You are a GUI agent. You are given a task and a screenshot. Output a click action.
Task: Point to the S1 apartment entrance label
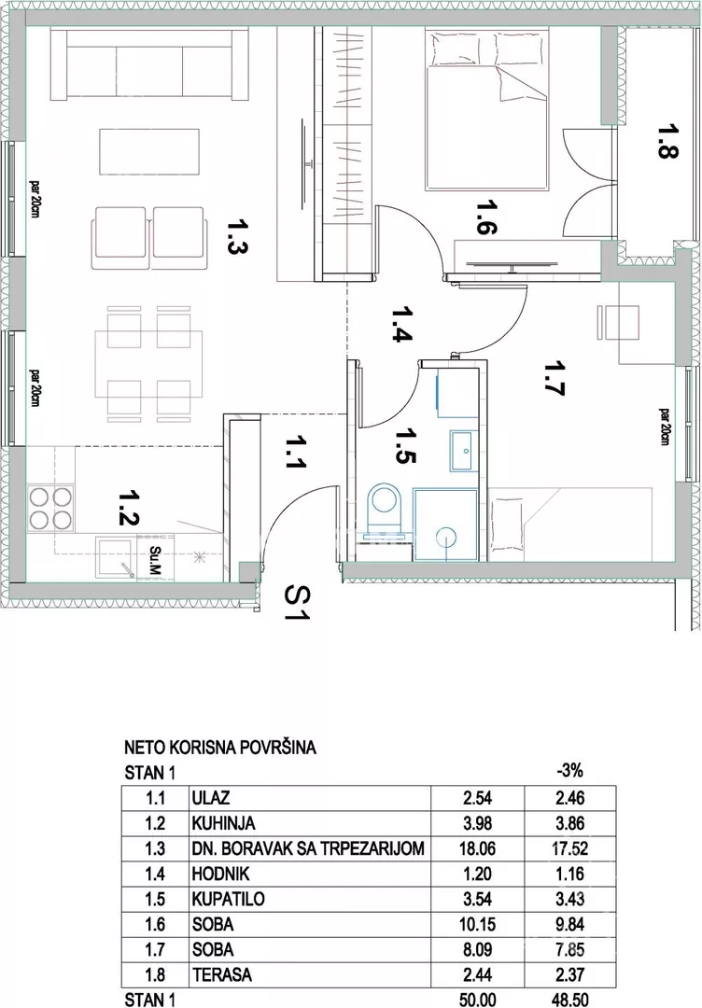297,603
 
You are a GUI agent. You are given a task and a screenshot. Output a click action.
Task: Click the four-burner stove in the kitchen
50,508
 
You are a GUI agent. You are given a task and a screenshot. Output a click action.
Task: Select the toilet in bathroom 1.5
385,511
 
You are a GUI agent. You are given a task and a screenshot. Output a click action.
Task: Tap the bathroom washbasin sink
462,451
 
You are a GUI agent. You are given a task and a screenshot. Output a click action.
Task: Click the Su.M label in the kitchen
155,561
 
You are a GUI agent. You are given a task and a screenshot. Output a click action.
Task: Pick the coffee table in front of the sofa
149,152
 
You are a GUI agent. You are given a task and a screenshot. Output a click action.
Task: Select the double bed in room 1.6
486,109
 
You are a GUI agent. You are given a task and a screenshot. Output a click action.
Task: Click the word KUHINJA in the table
223,823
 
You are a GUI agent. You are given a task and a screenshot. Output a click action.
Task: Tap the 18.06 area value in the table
477,848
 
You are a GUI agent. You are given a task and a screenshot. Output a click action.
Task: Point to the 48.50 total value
569,1000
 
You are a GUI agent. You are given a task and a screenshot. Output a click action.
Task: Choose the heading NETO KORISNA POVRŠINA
220,748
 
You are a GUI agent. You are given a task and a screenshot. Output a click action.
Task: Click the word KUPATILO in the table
228,900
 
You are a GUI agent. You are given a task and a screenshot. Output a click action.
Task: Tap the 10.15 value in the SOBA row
477,924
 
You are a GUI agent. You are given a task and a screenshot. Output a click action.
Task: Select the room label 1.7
555,379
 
